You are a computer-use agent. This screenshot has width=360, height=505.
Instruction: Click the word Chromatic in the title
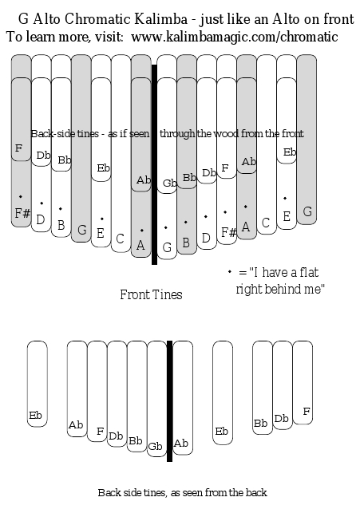click(97, 19)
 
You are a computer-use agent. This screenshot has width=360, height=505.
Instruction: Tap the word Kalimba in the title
click(160, 19)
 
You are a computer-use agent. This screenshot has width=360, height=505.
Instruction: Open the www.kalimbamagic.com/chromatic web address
click(235, 37)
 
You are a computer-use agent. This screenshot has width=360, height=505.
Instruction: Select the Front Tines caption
click(151, 294)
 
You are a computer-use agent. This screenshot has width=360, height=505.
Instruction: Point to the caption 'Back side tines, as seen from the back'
click(183, 492)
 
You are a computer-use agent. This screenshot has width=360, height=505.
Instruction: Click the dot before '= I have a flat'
click(229, 272)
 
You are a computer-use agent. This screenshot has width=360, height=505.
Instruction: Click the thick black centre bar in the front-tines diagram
click(154, 164)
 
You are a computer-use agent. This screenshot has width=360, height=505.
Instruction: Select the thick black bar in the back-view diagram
click(169, 401)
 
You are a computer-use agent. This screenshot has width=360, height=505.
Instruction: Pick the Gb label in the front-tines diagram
click(169, 183)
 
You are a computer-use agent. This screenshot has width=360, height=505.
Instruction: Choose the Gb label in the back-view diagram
click(155, 447)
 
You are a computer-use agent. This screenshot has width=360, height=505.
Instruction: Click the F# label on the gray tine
click(22, 213)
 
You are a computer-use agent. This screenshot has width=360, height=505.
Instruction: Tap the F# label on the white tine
click(229, 232)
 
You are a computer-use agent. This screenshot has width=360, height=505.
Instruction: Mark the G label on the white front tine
click(167, 247)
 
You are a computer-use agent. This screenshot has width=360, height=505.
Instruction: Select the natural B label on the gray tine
click(186, 243)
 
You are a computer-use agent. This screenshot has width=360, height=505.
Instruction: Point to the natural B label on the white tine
click(61, 225)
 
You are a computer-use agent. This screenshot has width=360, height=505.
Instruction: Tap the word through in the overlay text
click(177, 133)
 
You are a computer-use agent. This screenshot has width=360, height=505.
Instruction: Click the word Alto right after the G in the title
click(46, 19)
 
